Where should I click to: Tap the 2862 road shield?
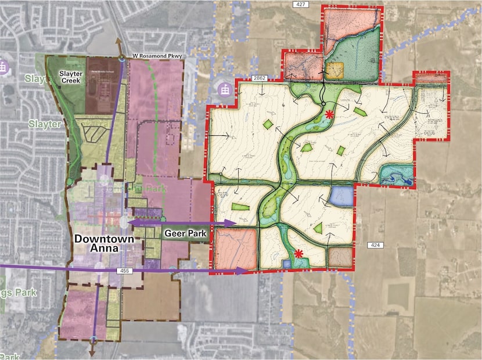(260, 78)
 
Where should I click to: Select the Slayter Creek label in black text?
(73, 77)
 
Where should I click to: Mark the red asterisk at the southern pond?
(298, 253)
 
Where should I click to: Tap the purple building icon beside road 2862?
(224, 89)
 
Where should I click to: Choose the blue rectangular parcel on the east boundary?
(341, 196)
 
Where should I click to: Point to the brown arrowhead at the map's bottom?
(92, 352)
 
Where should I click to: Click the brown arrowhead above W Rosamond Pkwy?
(120, 43)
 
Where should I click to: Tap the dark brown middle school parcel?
(102, 84)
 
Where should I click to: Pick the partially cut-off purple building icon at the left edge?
(3, 66)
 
